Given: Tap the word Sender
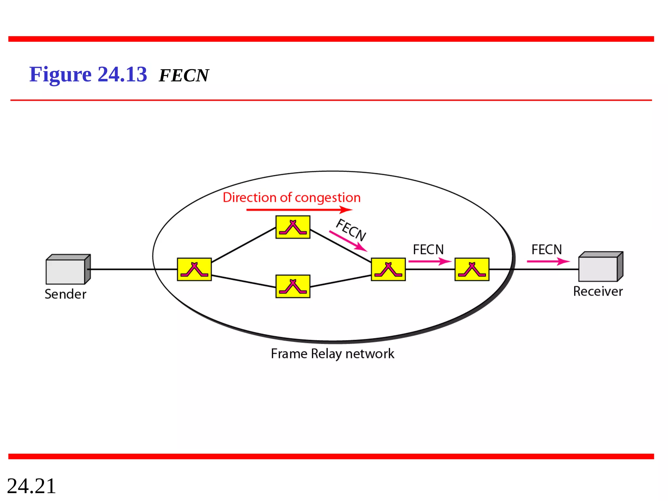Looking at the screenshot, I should pyautogui.click(x=65, y=294).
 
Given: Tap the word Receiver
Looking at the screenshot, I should pyautogui.click(x=598, y=291).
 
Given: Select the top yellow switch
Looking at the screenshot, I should pyautogui.click(x=293, y=227).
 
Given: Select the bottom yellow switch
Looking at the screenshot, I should pyautogui.click(x=293, y=286).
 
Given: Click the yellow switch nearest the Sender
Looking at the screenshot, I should pyautogui.click(x=194, y=269).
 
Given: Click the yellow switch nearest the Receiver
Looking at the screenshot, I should pyautogui.click(x=472, y=269).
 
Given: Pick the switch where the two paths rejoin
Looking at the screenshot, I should pyautogui.click(x=388, y=269).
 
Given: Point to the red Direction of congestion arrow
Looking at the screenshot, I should pyautogui.click(x=299, y=209).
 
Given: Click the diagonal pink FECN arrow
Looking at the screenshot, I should pyautogui.click(x=348, y=241).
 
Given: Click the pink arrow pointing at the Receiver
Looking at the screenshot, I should pyautogui.click(x=548, y=261).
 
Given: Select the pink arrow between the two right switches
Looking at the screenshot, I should pyautogui.click(x=430, y=261).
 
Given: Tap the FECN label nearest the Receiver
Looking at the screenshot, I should pyautogui.click(x=547, y=250).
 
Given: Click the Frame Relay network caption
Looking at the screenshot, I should pyautogui.click(x=332, y=354).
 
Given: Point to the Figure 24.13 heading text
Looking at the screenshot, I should pyautogui.click(x=88, y=74).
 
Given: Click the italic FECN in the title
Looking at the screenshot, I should pyautogui.click(x=184, y=76).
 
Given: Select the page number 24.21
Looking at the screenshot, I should pyautogui.click(x=31, y=486).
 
